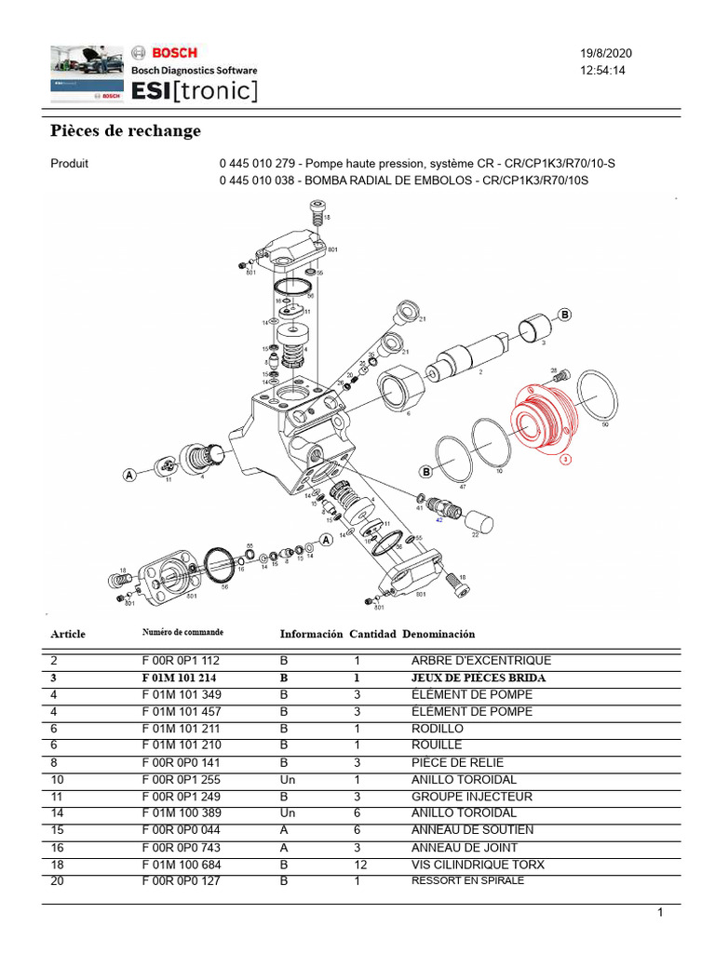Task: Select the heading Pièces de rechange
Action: point(125,131)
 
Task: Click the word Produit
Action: point(69,164)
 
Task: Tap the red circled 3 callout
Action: point(564,459)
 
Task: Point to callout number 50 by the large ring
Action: point(605,424)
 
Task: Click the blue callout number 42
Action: point(439,521)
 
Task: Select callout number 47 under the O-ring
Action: point(463,486)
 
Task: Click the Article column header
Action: point(68,634)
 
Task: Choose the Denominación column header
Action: point(438,634)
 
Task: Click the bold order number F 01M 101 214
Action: point(180,678)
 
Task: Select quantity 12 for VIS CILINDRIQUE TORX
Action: point(360,865)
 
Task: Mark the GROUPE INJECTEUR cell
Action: point(472,797)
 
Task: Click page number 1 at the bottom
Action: point(659,913)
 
